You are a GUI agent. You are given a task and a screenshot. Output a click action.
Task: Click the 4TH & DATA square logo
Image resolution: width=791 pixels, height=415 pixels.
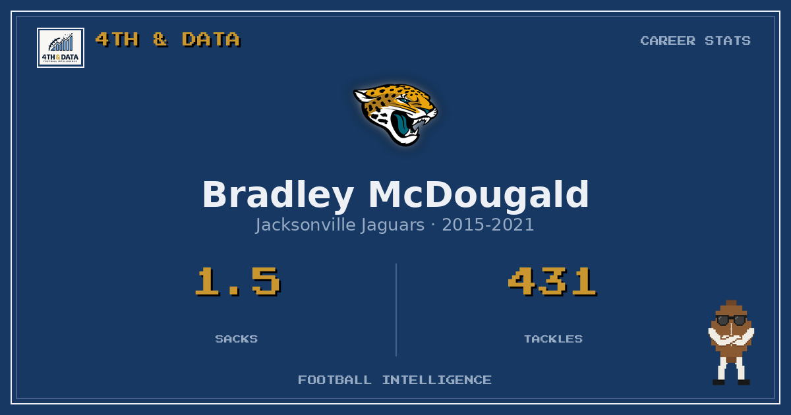pos(61,47)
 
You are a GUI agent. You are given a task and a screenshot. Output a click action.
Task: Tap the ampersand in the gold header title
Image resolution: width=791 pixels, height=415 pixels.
pos(160,39)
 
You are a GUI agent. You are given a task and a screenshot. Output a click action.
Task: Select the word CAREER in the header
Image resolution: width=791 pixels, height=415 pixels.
pos(668,41)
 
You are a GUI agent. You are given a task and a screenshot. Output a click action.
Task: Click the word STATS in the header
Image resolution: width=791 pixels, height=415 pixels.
pos(728,41)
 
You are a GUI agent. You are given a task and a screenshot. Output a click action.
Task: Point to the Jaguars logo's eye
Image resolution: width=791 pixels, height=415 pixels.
pos(404,101)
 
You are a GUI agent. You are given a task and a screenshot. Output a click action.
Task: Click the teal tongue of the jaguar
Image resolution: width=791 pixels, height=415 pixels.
pos(401,124)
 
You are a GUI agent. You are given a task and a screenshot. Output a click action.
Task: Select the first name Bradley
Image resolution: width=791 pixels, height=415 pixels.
pos(278,196)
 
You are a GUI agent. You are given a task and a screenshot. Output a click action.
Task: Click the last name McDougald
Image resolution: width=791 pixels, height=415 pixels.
pos(479,194)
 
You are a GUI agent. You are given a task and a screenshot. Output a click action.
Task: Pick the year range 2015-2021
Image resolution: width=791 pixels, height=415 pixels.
pos(488,225)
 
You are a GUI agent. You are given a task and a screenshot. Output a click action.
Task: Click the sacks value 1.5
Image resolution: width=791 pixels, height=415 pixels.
pos(238,281)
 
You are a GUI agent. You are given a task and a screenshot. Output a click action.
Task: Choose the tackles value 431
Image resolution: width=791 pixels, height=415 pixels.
pos(552,281)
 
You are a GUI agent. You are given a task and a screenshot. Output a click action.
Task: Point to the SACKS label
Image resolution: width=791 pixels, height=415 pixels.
pos(237,339)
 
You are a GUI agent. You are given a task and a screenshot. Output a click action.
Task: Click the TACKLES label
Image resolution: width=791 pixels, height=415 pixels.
pos(553,339)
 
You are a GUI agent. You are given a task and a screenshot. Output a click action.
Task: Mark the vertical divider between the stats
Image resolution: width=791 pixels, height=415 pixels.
pos(396,310)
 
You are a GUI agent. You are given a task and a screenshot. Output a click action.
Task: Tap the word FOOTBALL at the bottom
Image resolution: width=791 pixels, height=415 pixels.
pos(335,380)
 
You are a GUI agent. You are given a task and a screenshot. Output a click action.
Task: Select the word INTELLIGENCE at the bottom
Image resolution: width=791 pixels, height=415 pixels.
pos(437,380)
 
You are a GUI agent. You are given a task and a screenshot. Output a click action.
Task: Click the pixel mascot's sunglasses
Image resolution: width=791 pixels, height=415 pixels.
pos(731,320)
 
